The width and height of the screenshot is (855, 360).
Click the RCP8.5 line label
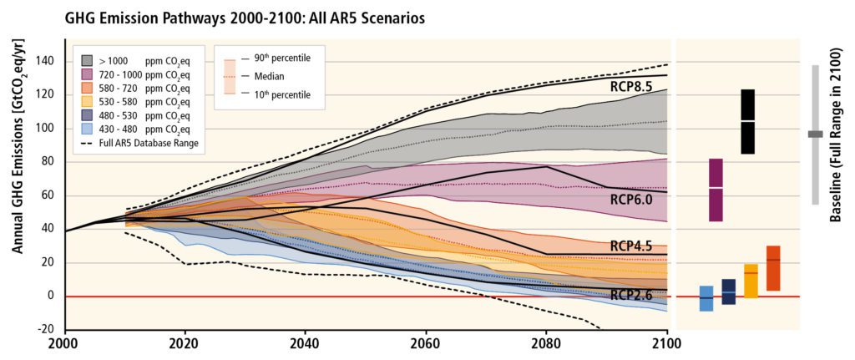(632, 85)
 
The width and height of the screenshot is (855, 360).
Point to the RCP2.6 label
(632, 294)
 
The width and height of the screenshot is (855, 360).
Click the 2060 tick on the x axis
(425, 342)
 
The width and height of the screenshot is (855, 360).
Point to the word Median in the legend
(271, 76)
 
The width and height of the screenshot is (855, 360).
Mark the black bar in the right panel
(747, 122)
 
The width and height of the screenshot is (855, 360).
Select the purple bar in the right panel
(716, 190)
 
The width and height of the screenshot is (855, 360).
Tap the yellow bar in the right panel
(751, 281)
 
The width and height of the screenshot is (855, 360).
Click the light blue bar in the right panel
(706, 298)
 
